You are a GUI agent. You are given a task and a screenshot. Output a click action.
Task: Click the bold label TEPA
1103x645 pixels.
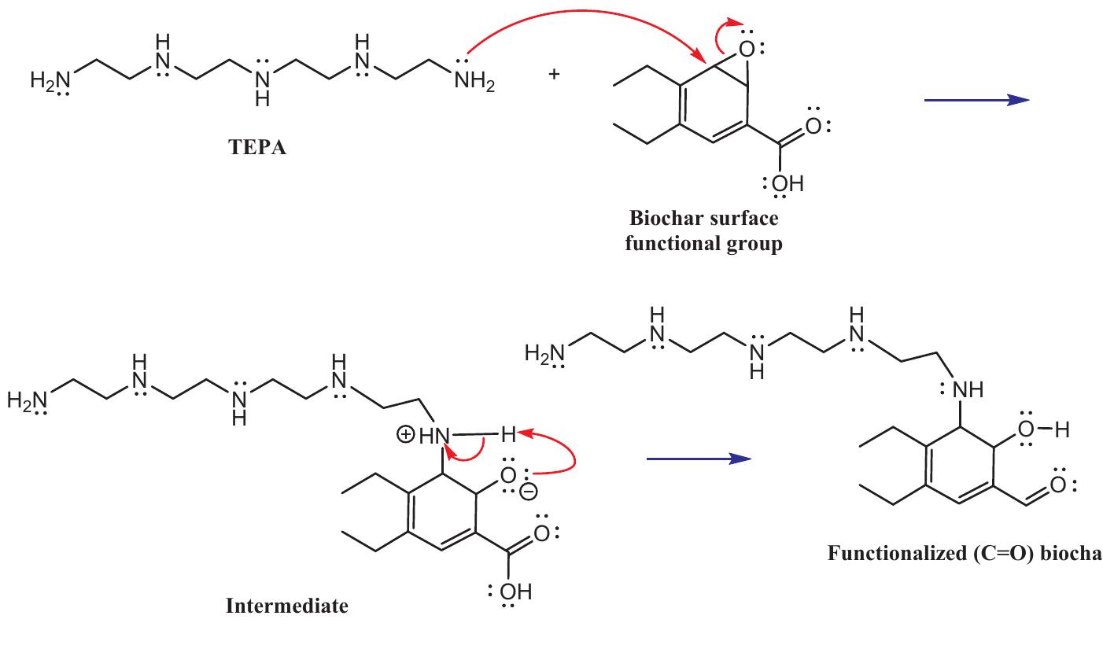pos(257,147)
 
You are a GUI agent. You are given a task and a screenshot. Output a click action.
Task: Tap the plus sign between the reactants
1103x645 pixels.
pos(554,75)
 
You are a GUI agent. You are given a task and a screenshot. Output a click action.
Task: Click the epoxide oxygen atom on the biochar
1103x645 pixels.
pos(747,50)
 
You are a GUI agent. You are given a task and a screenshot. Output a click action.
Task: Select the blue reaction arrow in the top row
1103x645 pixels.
pos(977,100)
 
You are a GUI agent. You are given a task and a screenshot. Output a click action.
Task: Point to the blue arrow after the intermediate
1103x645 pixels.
pos(699,459)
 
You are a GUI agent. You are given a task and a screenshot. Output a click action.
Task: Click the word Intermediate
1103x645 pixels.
pos(286,606)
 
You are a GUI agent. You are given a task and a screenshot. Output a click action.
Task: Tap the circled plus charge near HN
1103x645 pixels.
pos(406,435)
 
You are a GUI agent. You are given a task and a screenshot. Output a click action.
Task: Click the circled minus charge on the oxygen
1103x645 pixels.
pos(529,492)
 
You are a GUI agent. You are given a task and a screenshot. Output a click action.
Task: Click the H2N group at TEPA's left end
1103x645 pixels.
pos(50,81)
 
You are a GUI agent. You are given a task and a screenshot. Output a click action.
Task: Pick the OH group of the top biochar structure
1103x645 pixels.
pos(788,183)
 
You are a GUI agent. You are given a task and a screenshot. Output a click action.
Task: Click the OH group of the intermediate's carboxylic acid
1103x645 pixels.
pos(516,592)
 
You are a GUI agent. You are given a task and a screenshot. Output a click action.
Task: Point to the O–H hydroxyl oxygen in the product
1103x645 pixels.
pos(1026,429)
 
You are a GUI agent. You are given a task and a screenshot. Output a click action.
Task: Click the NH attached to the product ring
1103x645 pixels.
pos(968,390)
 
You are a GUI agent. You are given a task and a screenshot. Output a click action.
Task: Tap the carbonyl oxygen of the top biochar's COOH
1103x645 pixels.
pos(813,126)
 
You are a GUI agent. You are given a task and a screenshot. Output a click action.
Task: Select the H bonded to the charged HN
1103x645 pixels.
pos(509,434)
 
